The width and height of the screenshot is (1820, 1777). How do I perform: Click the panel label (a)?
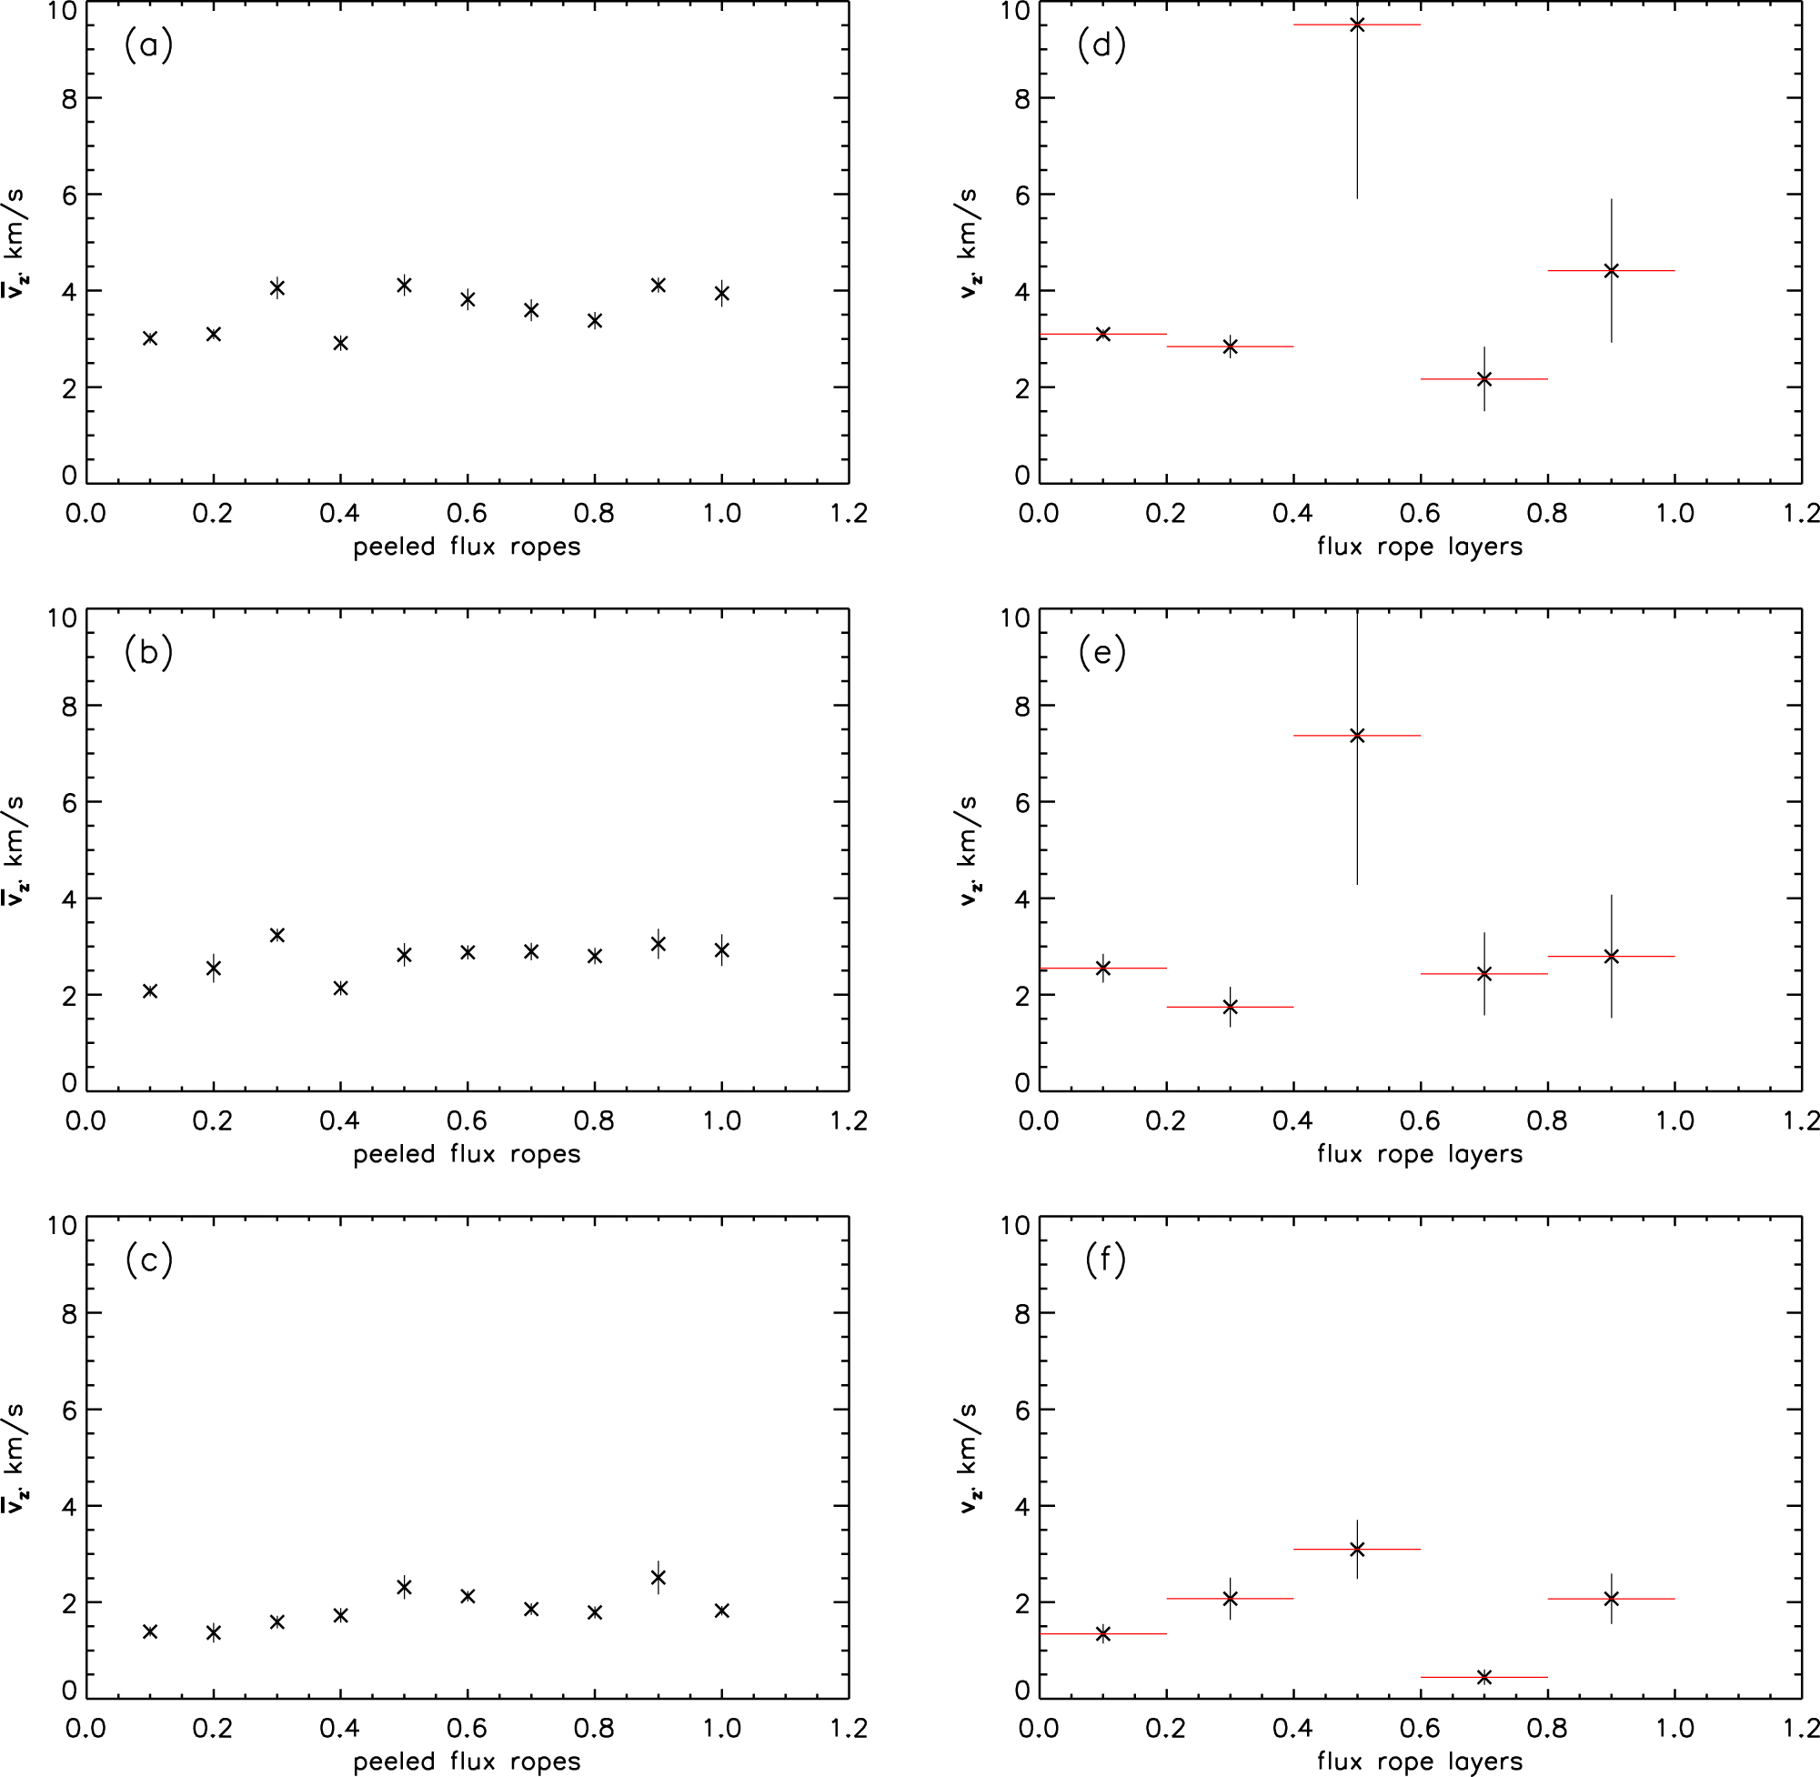coord(148,45)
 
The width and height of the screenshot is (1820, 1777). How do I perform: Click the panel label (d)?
coord(1101,45)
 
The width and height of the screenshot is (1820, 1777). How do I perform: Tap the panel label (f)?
coord(1105,1260)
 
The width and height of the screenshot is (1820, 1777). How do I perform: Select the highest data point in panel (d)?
coord(1357,25)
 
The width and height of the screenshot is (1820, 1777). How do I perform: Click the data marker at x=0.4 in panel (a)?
coord(341,343)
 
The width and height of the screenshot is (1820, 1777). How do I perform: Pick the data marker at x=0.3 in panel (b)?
coord(277,935)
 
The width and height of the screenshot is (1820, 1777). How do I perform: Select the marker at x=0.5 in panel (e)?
coord(1357,736)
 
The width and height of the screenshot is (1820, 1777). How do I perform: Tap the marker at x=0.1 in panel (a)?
coord(150,338)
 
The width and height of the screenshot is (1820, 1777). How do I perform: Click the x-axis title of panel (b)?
coord(467,1154)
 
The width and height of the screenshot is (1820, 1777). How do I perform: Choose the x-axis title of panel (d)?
coord(1420,547)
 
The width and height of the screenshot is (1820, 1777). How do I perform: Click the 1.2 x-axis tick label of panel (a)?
coord(849,513)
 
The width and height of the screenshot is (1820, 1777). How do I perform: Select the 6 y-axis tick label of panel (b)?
coord(69,803)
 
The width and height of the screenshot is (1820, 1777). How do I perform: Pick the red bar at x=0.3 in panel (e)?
coord(1260,1007)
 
